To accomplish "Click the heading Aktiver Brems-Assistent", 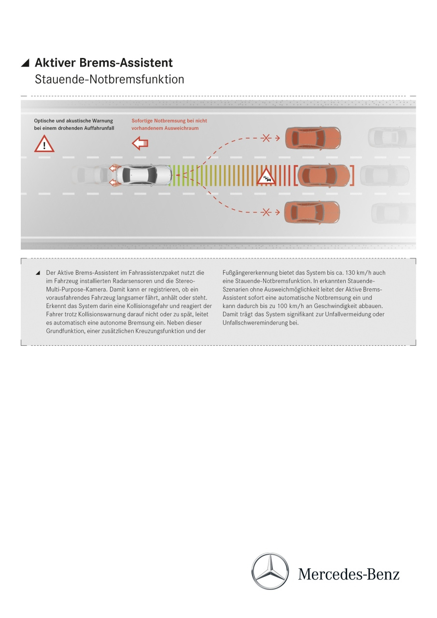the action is pyautogui.click(x=104, y=63).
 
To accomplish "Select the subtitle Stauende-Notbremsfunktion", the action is pyautogui.click(x=109, y=79).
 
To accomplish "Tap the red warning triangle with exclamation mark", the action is pyautogui.click(x=44, y=144).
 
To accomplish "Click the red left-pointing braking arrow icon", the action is pyautogui.click(x=140, y=143).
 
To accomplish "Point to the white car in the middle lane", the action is pyautogui.click(x=143, y=175).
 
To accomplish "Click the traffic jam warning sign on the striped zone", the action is pyautogui.click(x=266, y=176).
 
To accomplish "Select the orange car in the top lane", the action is pyautogui.click(x=313, y=138).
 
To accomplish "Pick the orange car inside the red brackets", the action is pyautogui.click(x=324, y=175).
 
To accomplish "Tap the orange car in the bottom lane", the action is pyautogui.click(x=312, y=212).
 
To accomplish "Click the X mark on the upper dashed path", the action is pyautogui.click(x=266, y=138).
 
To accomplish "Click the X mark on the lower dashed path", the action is pyautogui.click(x=266, y=212).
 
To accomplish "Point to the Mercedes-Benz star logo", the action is pyautogui.click(x=270, y=571).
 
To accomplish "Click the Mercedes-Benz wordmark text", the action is pyautogui.click(x=349, y=574).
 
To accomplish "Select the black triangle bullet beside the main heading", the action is pyautogui.click(x=25, y=63).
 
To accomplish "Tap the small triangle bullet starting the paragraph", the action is pyautogui.click(x=38, y=273).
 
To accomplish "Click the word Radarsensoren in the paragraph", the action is pyautogui.click(x=132, y=281).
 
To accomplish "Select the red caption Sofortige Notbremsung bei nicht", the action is pyautogui.click(x=169, y=121).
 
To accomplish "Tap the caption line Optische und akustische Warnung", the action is pyautogui.click(x=73, y=121).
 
